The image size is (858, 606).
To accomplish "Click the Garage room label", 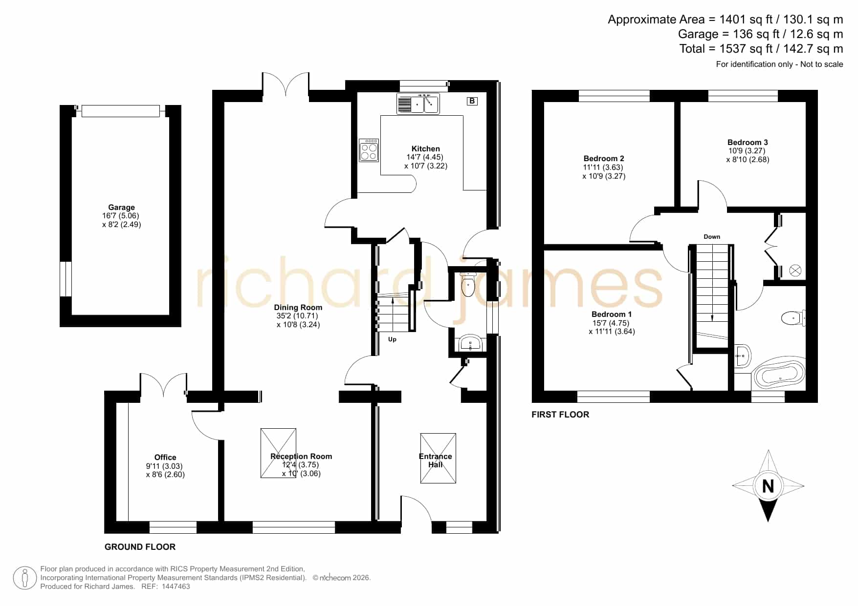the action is point(121,207).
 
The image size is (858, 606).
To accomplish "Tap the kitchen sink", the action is point(418,104).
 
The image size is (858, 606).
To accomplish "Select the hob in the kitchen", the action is point(369,150).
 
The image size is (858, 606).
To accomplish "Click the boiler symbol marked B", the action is point(472,101).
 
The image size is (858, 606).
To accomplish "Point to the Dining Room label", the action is point(298,307).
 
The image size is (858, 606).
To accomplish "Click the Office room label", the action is point(165,457).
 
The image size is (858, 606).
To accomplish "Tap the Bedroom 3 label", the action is point(748,142).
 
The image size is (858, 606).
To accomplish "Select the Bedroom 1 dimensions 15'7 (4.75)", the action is point(611,323).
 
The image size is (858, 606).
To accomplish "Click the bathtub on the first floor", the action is point(780,375).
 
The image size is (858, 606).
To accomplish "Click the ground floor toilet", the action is point(468,284).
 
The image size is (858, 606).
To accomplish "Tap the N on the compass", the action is point(768,486).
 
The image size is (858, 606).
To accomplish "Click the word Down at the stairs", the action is point(712,237).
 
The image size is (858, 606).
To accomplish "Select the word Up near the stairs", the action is point(392,339).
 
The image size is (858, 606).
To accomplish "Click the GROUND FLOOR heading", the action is point(140,547).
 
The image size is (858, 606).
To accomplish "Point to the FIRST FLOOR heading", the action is point(560,415).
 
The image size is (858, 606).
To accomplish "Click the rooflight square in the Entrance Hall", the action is point(438,458).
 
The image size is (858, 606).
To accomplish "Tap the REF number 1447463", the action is point(176,586).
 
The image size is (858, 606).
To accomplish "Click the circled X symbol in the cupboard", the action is point(795,271).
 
